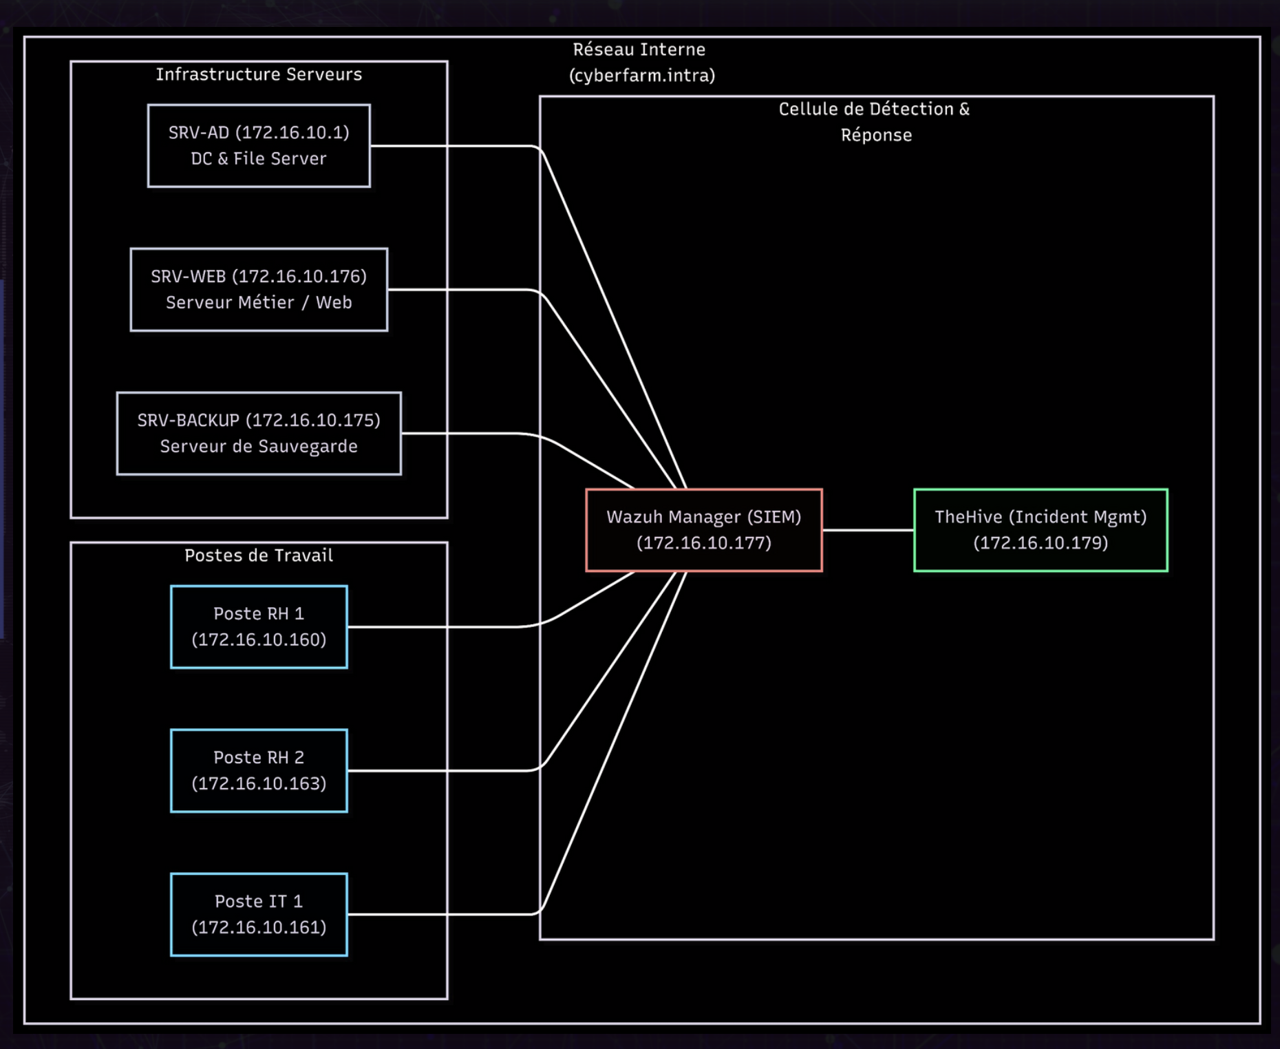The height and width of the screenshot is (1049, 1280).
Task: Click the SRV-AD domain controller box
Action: (259, 146)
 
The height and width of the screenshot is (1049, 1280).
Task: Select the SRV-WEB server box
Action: (259, 290)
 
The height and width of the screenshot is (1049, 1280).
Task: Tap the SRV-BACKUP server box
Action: (259, 434)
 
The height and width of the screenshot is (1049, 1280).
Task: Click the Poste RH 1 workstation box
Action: (259, 627)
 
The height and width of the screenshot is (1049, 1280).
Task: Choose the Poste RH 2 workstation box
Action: (259, 771)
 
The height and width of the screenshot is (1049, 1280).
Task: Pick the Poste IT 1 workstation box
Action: (259, 915)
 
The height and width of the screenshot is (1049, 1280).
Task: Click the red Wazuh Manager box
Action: (703, 530)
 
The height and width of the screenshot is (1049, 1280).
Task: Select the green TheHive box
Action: (1041, 530)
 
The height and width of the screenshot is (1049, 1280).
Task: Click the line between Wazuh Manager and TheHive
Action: (868, 530)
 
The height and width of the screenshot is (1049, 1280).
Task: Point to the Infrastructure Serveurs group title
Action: (259, 74)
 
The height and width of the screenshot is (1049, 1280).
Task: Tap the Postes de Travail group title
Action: (259, 555)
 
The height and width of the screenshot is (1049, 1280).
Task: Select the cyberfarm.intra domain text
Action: (641, 75)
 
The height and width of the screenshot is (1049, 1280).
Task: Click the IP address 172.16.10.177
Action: (703, 543)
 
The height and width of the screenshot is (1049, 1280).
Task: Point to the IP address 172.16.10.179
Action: (1041, 543)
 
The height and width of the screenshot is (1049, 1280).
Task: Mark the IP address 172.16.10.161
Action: (259, 927)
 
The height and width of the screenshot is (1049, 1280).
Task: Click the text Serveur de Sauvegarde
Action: (259, 447)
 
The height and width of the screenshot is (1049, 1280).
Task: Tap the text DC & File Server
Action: (259, 159)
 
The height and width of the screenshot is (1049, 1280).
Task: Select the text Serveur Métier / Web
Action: (259, 303)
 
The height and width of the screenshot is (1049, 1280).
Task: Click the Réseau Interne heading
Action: (639, 50)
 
